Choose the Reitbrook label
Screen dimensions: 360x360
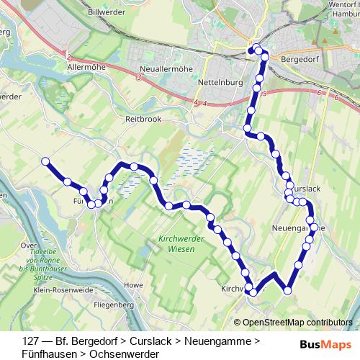(142, 117)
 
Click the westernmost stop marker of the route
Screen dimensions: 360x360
(45, 161)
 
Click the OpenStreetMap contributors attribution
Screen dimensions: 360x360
(297, 323)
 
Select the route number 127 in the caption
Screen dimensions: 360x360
(30, 340)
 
